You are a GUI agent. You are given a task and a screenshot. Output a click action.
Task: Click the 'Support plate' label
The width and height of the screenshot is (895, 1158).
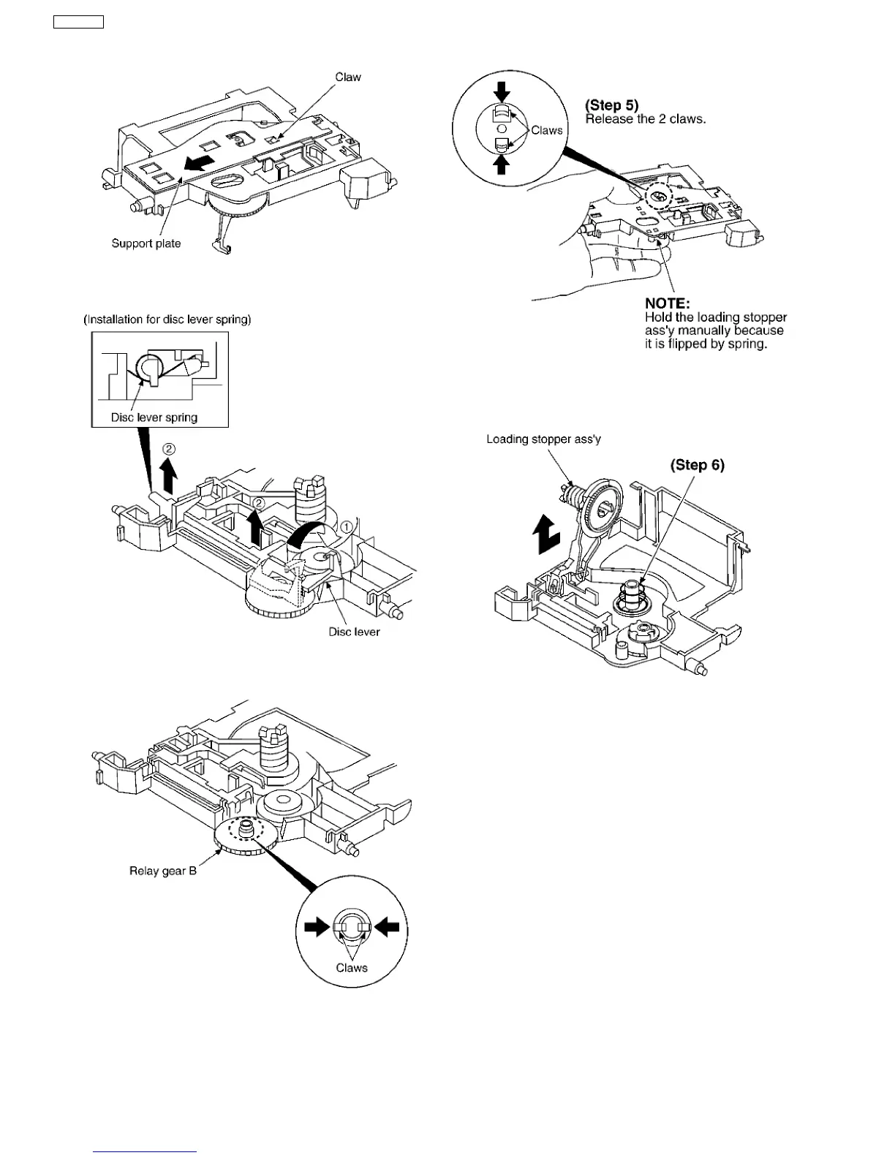click(x=146, y=243)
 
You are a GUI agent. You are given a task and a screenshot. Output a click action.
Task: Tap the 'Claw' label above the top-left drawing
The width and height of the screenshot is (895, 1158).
click(x=348, y=77)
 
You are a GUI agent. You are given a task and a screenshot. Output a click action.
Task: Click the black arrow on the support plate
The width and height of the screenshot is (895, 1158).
click(x=200, y=160)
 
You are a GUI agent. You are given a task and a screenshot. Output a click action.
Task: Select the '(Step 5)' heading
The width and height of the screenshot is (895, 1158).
click(x=612, y=105)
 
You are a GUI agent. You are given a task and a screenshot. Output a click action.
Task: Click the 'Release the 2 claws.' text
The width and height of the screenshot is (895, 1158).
click(x=646, y=119)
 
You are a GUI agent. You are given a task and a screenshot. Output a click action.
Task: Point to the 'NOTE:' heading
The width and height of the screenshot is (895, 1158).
click(x=667, y=303)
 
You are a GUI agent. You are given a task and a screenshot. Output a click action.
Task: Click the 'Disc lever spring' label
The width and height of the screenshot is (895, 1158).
click(x=154, y=417)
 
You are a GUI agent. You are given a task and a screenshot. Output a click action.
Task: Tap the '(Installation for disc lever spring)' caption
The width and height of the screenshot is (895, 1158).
click(x=167, y=319)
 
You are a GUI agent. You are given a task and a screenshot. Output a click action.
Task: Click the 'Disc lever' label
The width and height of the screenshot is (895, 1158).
click(x=354, y=632)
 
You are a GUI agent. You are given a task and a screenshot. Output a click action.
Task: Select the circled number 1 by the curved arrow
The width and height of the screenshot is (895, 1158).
click(x=347, y=526)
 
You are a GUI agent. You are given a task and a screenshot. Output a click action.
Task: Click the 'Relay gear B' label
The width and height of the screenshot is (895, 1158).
click(x=163, y=871)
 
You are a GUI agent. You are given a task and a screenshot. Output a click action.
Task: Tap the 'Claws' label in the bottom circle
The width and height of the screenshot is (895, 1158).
click(x=352, y=968)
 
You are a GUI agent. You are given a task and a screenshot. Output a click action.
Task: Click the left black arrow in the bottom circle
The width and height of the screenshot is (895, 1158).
click(x=317, y=927)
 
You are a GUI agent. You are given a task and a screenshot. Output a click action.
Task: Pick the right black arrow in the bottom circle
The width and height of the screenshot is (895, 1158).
click(x=387, y=927)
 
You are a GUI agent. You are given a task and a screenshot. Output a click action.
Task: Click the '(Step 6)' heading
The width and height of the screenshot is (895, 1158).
click(x=698, y=465)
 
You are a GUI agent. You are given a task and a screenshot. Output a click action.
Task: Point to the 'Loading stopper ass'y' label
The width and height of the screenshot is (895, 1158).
click(x=543, y=439)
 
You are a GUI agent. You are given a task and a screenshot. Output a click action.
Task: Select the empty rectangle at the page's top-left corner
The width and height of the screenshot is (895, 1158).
click(x=78, y=22)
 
